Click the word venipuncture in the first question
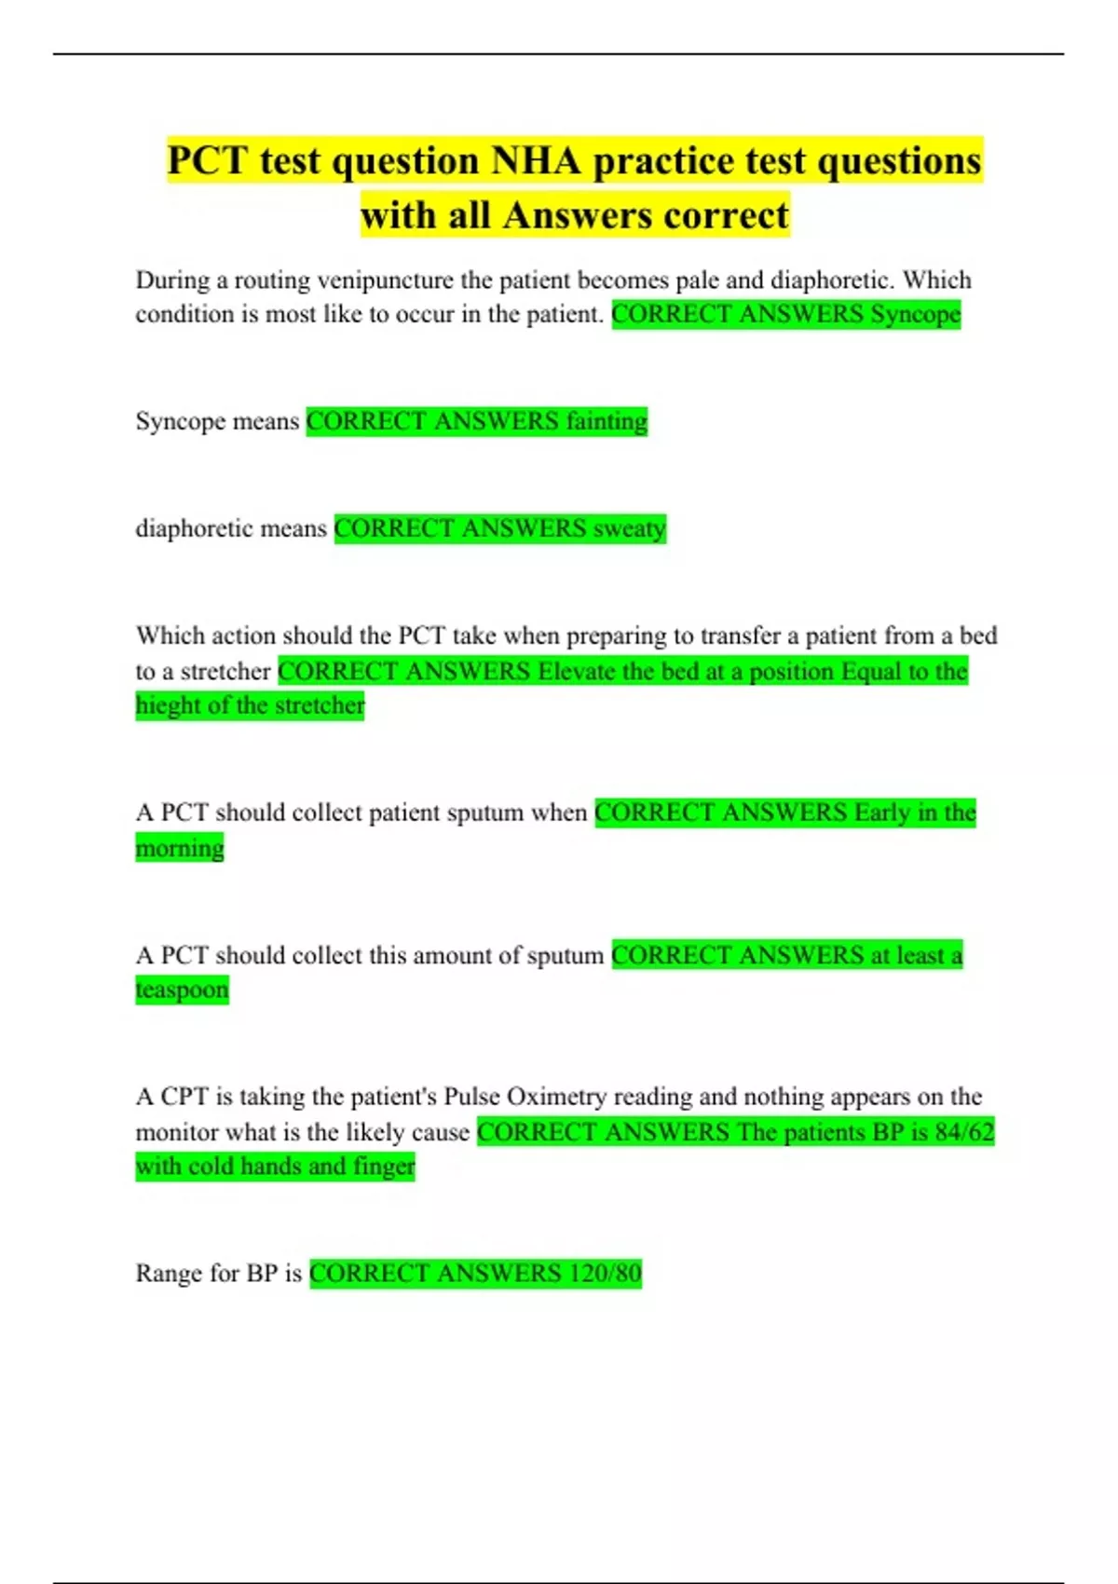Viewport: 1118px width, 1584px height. (x=384, y=280)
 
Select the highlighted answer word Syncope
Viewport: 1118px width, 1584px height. (x=915, y=314)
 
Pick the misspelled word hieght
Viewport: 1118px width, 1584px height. (x=168, y=705)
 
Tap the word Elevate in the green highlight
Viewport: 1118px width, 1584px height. (x=578, y=671)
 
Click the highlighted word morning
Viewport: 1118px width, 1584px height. (x=180, y=848)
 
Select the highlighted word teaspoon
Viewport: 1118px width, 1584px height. (x=182, y=990)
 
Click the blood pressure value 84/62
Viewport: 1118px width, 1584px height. (x=965, y=1132)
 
